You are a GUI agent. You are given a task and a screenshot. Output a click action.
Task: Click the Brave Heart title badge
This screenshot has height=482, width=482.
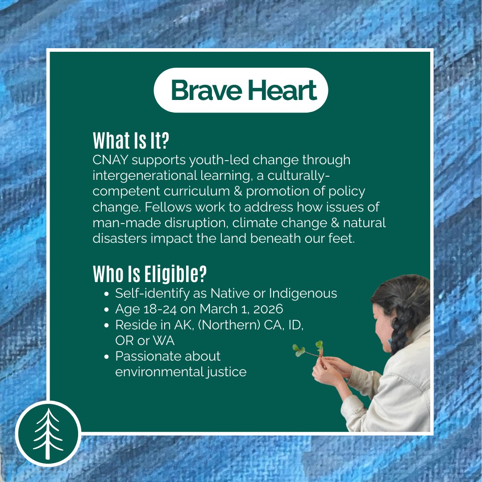tap(241, 90)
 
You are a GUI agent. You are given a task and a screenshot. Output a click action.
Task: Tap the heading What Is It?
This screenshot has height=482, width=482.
tap(131, 141)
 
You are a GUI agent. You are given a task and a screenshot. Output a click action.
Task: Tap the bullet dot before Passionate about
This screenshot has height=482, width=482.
tap(106, 357)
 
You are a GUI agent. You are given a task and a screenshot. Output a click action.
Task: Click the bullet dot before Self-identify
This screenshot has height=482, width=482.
tap(106, 294)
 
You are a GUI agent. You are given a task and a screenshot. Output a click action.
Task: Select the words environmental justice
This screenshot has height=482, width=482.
tap(180, 372)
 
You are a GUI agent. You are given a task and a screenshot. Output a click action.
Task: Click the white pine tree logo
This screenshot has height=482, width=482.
tap(48, 433)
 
